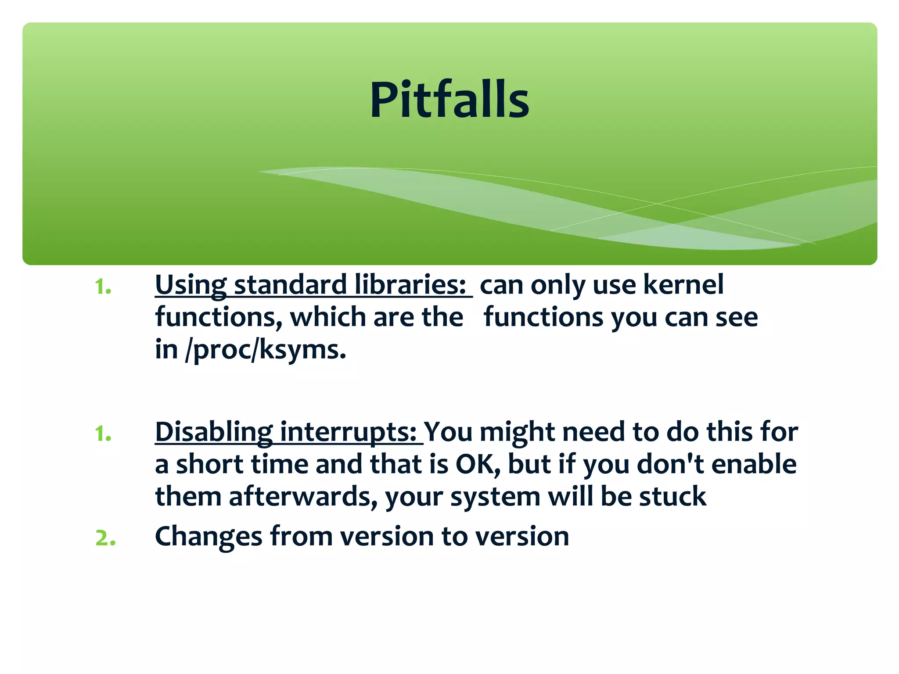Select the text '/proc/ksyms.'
point(266,350)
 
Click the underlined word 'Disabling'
point(214,432)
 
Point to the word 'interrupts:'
point(348,432)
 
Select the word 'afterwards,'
point(303,497)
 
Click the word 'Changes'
point(209,536)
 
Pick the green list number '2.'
point(105,538)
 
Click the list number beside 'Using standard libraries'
point(103,287)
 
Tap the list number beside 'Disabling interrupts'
point(103,434)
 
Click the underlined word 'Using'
point(191,285)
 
